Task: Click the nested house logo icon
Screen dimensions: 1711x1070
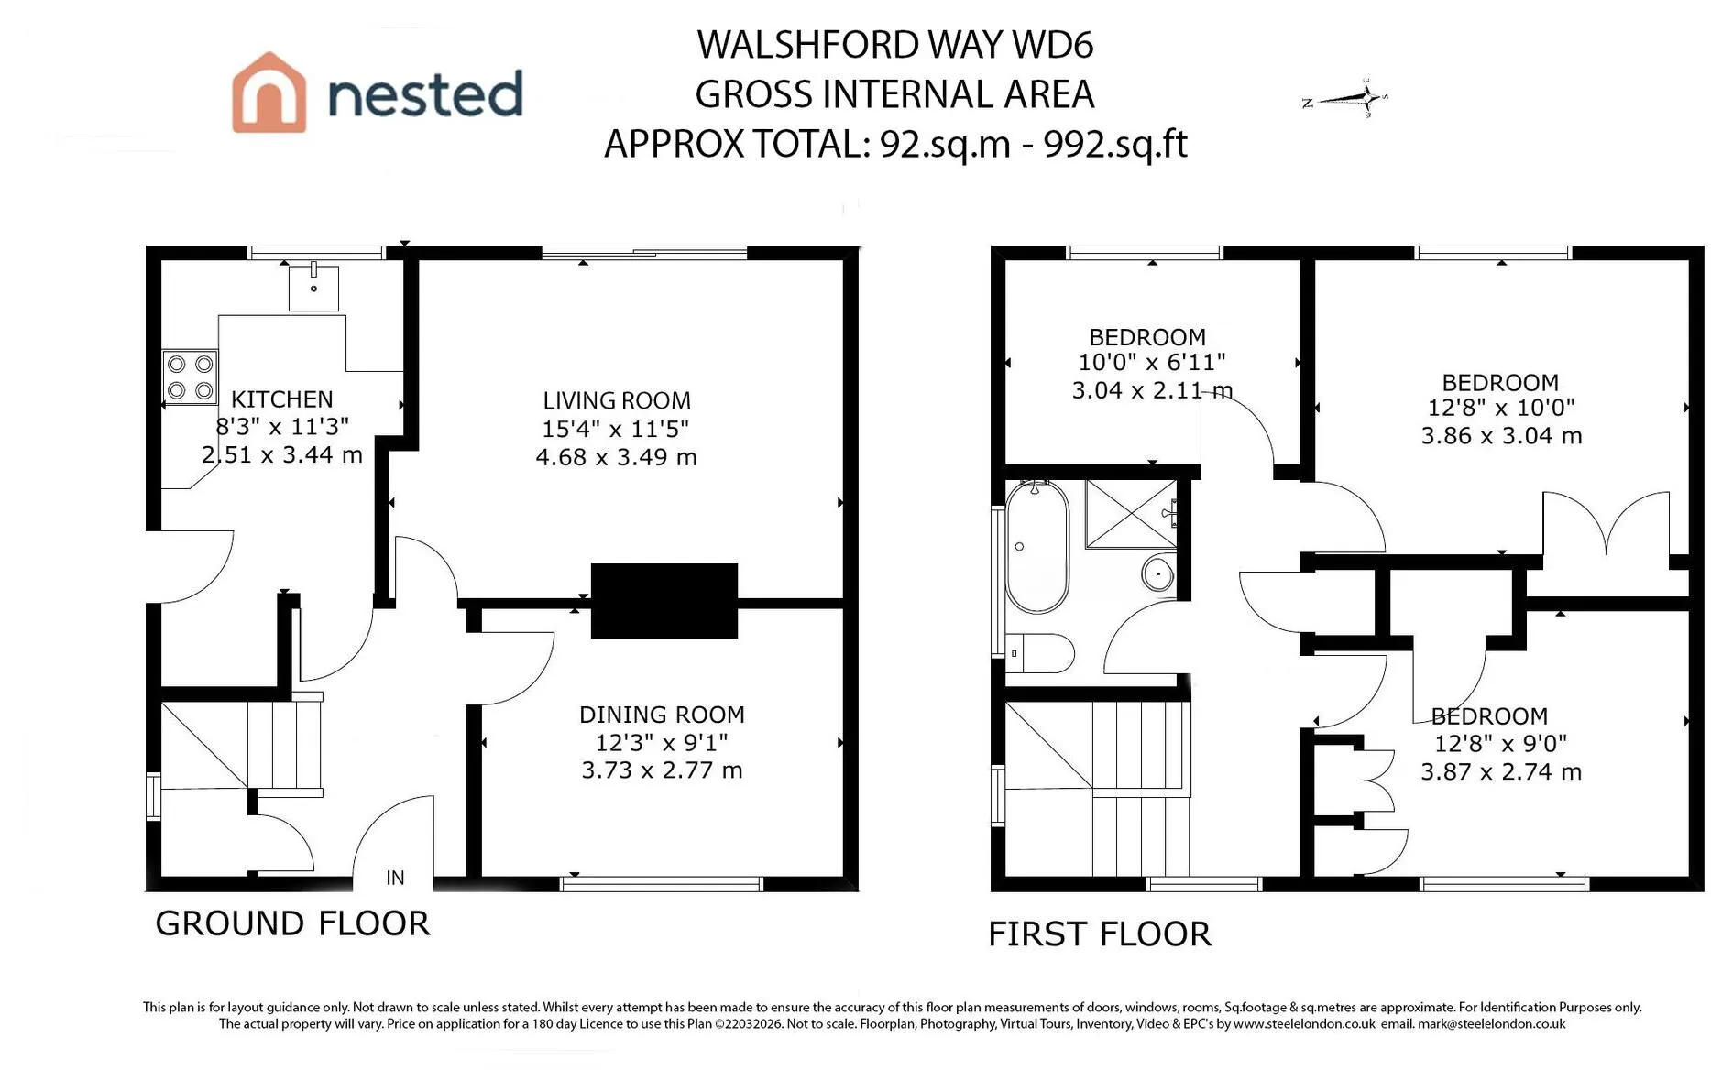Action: [269, 93]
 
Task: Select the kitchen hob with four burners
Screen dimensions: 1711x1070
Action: [191, 377]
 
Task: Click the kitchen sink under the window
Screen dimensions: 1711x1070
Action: [313, 288]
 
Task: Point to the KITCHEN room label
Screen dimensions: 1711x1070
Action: [281, 399]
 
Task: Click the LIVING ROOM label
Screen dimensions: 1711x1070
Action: [617, 401]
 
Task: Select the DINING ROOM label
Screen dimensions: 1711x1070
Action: [662, 715]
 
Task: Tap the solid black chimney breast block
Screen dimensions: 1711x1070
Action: [664, 601]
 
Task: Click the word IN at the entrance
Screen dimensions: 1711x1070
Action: [395, 878]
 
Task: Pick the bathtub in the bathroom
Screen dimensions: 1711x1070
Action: [1037, 546]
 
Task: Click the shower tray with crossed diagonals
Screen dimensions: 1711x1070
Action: [1131, 514]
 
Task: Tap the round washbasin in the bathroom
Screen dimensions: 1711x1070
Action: [1158, 574]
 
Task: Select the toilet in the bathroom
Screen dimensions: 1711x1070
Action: [1039, 653]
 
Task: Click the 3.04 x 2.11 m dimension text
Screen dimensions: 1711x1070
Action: [1152, 390]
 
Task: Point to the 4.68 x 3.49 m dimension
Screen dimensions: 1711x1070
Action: [617, 457]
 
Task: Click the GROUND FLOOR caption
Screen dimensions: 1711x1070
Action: [292, 923]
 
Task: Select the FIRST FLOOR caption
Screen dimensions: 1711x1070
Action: [1100, 934]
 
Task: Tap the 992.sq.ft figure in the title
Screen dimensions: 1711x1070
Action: [1115, 144]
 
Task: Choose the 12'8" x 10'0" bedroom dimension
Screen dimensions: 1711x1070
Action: [1501, 409]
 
